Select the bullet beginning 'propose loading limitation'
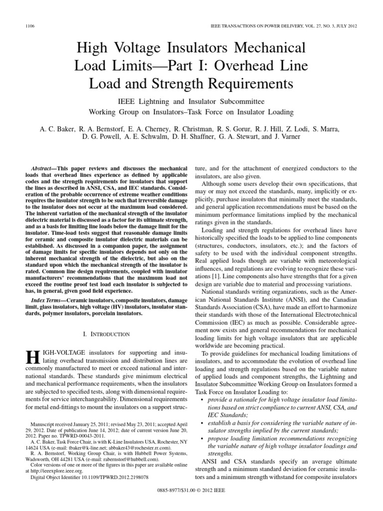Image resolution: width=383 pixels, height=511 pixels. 282,439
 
